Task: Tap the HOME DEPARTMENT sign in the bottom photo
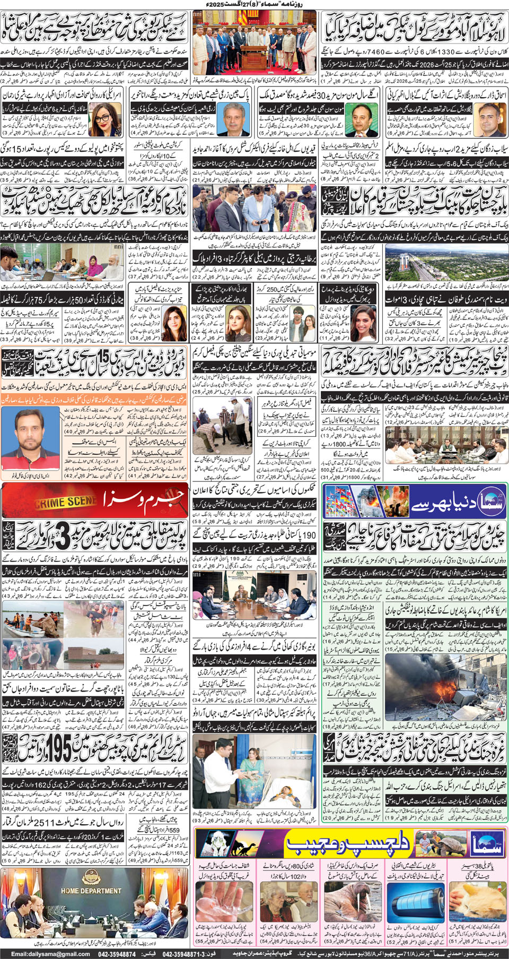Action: (x=91, y=891)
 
